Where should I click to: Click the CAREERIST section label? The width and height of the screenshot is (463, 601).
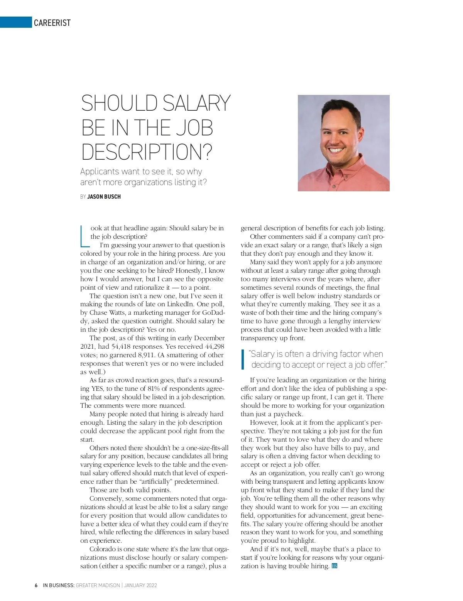point(52,23)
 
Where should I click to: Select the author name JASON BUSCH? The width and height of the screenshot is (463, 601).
point(104,197)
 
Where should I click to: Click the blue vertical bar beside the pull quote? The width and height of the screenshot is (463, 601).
point(243,359)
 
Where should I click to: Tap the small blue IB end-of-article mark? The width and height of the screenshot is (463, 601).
point(335,566)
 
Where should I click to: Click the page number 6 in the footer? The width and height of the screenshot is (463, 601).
point(36,585)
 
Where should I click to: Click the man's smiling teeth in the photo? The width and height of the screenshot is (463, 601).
point(336,150)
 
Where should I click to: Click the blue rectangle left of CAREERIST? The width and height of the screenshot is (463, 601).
point(15,22)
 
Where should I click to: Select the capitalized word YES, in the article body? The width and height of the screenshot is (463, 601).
point(97,388)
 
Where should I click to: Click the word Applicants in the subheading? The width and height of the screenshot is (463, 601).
point(99,172)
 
